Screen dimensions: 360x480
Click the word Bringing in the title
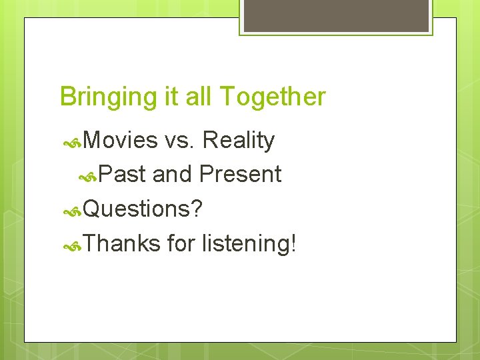[x=98, y=97]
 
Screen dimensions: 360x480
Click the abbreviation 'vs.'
[x=180, y=141]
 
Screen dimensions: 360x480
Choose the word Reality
[x=238, y=141]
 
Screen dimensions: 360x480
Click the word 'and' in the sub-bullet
[x=172, y=175]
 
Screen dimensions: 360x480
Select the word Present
[x=240, y=175]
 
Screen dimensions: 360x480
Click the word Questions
[x=137, y=209]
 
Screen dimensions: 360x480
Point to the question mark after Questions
[x=196, y=209]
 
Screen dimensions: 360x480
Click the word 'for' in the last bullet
[x=180, y=244]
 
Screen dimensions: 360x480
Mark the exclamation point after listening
[x=293, y=244]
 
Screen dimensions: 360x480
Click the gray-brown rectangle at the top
[x=336, y=15]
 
